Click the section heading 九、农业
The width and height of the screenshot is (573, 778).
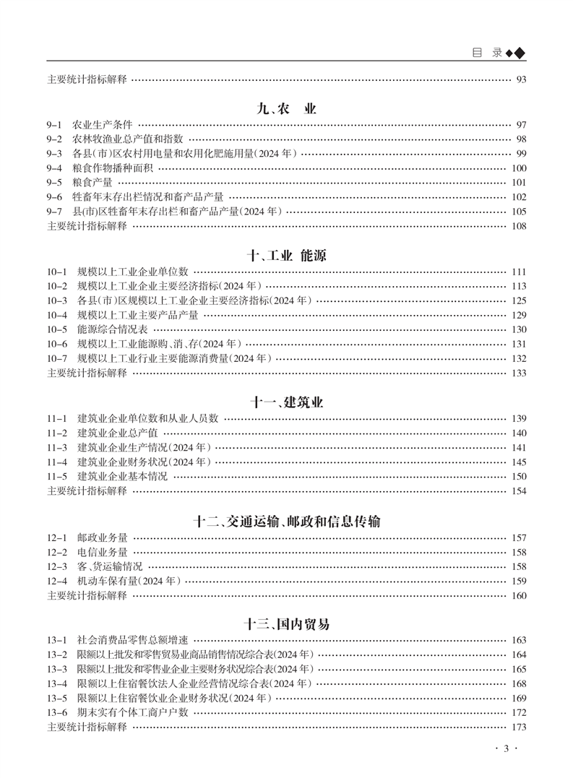coord(286,109)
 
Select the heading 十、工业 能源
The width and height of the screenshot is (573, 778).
coord(286,256)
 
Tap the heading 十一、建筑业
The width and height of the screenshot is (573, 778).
coord(286,403)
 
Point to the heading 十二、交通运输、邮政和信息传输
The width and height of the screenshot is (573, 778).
coord(286,522)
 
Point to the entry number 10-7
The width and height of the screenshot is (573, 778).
coord(56,358)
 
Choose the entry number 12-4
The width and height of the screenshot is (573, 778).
coord(56,581)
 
